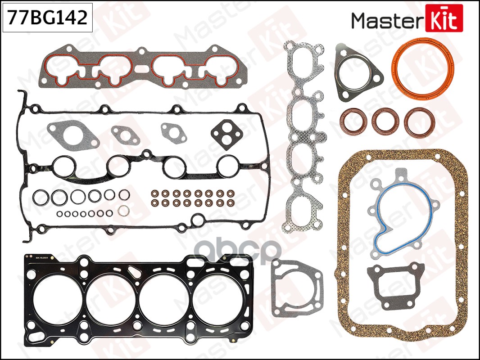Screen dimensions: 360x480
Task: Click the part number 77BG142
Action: coord(47,18)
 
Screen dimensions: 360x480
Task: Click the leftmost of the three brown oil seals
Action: coord(353,121)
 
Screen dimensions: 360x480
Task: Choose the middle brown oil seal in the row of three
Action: coord(384,121)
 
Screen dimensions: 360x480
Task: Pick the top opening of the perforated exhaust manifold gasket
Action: coord(304,63)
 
